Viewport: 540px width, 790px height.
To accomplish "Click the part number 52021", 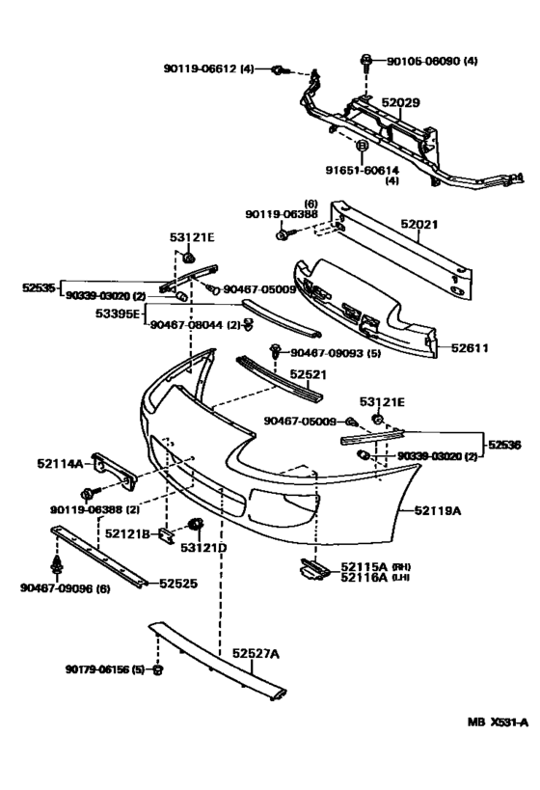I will click(x=420, y=224).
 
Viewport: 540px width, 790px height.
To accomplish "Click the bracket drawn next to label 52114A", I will click(x=115, y=469).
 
